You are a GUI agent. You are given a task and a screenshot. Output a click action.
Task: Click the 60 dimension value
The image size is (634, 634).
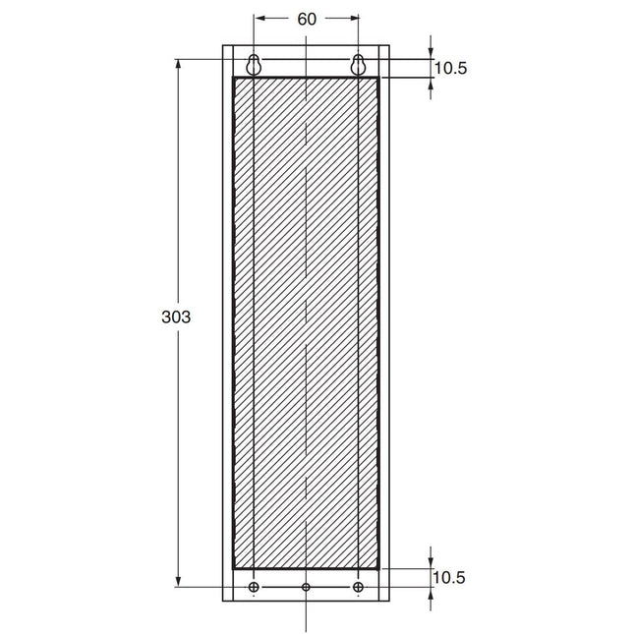click(x=306, y=19)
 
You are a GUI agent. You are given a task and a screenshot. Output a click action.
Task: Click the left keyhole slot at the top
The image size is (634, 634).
click(x=254, y=65)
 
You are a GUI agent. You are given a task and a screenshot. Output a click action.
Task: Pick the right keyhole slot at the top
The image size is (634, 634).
click(x=358, y=65)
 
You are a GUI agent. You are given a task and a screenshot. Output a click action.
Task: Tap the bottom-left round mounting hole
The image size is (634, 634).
click(x=254, y=588)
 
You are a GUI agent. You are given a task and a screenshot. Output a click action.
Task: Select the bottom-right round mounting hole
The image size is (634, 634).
click(x=358, y=588)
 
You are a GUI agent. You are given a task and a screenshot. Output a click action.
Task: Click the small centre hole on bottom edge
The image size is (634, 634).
click(x=306, y=588)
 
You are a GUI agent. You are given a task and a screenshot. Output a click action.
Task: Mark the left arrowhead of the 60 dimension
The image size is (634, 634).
click(x=259, y=19)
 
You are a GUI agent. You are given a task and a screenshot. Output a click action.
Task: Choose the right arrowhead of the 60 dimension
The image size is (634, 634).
click(x=353, y=19)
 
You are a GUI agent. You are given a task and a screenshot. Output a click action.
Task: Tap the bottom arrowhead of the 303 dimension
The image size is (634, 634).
click(x=178, y=582)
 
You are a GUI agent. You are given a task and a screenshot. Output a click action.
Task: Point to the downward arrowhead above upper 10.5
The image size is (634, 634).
click(x=432, y=53)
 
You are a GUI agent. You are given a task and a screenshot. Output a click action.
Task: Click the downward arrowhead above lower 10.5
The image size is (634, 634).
click(x=432, y=561)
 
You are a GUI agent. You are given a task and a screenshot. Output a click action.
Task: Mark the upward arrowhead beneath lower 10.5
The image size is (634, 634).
click(x=432, y=594)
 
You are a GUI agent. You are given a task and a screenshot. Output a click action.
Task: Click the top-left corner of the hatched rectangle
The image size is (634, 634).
click(x=233, y=78)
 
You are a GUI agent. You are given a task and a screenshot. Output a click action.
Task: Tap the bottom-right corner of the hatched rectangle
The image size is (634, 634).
click(x=378, y=568)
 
